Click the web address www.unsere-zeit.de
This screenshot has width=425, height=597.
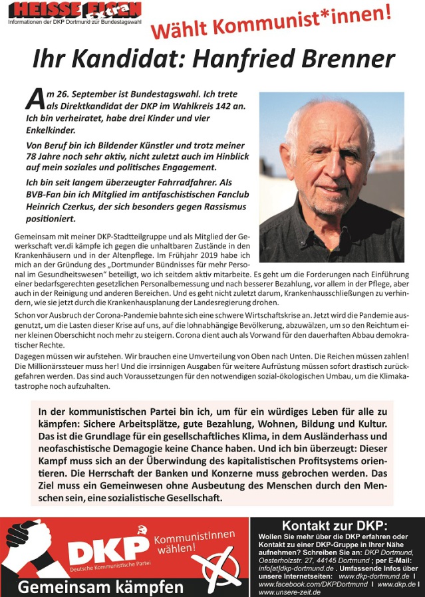point(289,592)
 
